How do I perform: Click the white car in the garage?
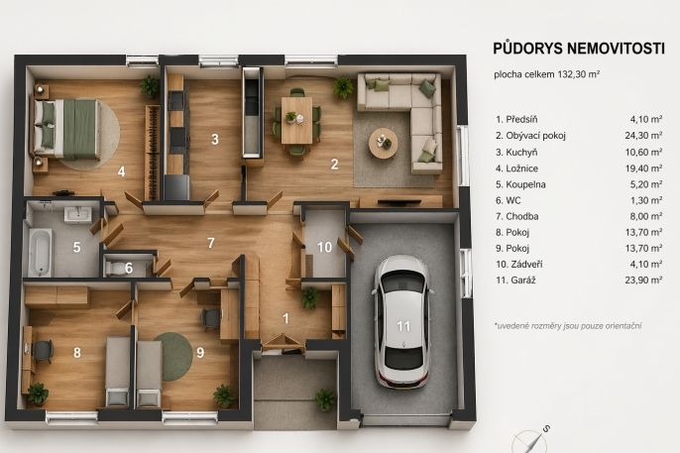click(x=402, y=321)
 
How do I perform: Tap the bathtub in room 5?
click(x=41, y=253)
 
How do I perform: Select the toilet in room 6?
click(x=115, y=268)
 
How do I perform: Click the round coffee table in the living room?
click(x=383, y=144)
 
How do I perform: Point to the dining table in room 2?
click(x=296, y=121)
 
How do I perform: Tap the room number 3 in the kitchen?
click(x=215, y=139)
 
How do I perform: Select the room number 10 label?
click(x=324, y=247)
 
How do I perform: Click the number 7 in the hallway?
click(x=211, y=243)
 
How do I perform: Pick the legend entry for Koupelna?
click(x=520, y=184)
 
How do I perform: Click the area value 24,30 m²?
click(x=643, y=135)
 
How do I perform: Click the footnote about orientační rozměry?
click(x=568, y=325)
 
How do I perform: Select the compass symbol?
click(x=530, y=440)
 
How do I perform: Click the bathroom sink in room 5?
click(x=78, y=214)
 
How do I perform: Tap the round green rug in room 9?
click(x=175, y=356)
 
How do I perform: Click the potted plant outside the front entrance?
click(x=325, y=399)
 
